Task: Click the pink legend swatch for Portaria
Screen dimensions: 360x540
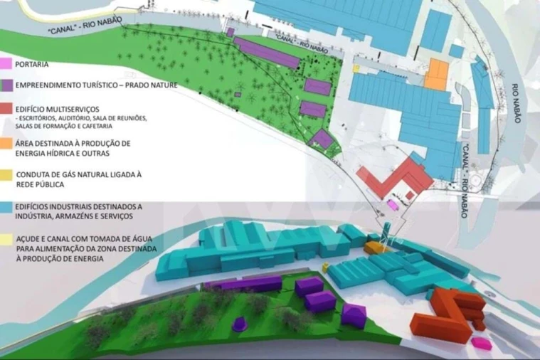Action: pyautogui.click(x=4, y=64)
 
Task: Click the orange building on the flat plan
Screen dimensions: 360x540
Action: pyautogui.click(x=435, y=74)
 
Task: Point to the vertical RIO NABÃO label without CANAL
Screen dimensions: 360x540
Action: pyautogui.click(x=517, y=104)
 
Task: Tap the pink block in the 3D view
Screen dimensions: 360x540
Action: pyautogui.click(x=484, y=343)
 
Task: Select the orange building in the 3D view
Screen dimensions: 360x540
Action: pyautogui.click(x=374, y=248)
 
